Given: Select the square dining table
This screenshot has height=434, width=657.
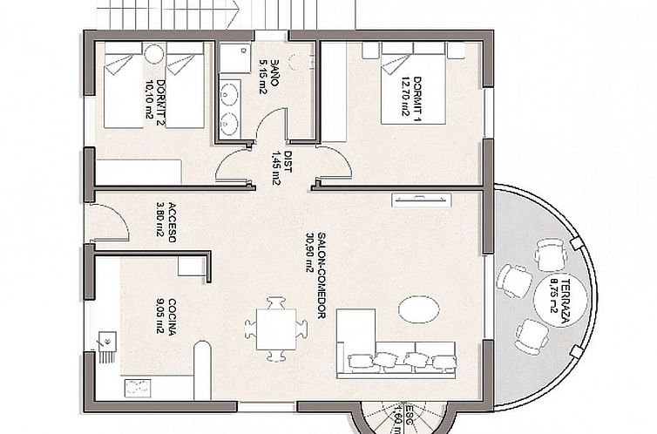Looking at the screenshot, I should click(x=275, y=329).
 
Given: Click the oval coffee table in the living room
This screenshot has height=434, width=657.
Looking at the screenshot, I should click(x=418, y=309).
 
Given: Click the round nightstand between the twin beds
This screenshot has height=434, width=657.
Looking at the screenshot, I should click(x=153, y=53).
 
